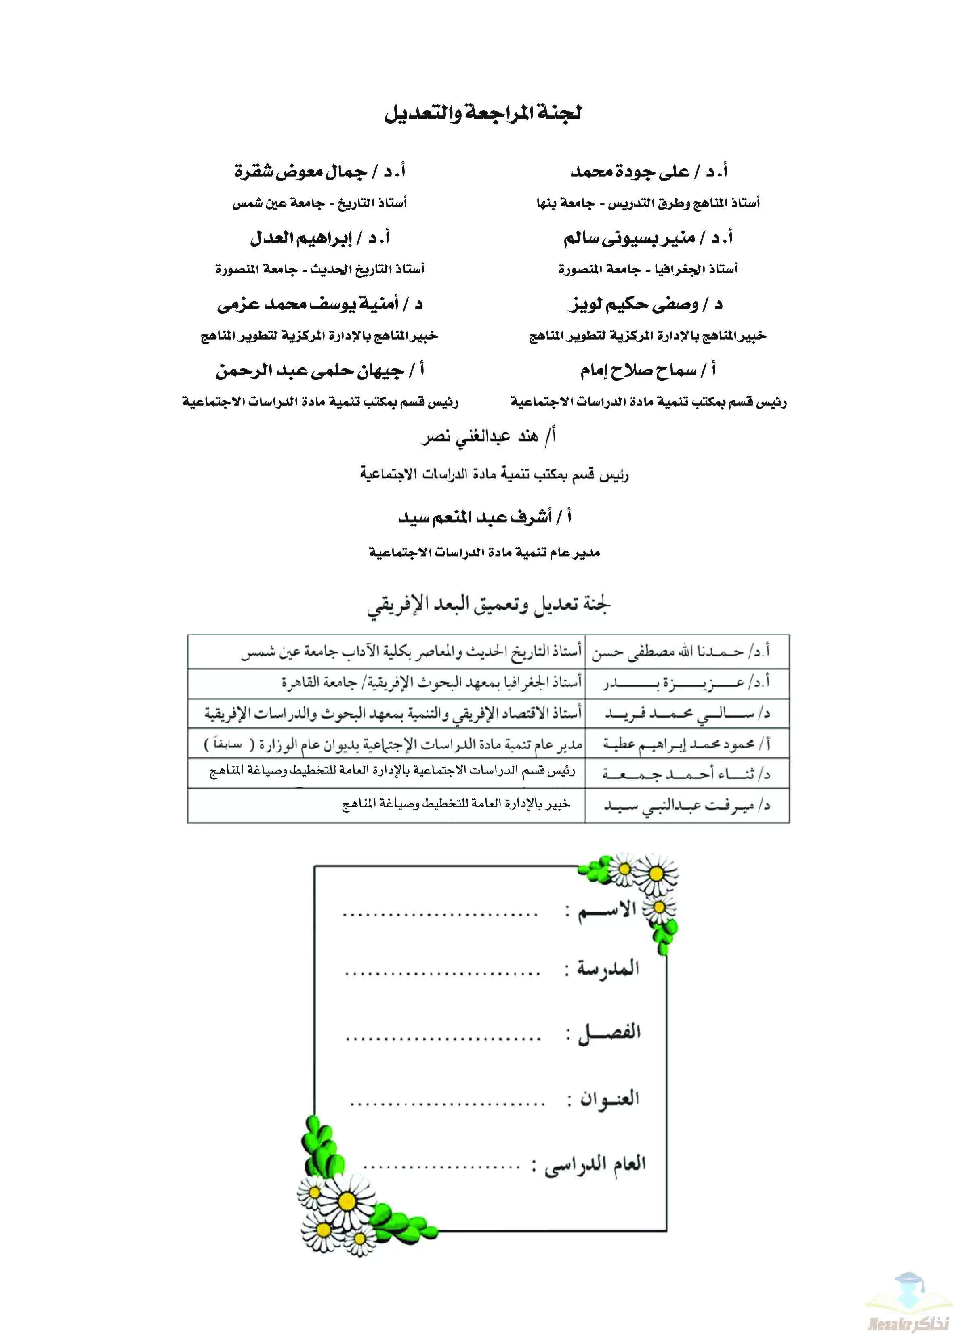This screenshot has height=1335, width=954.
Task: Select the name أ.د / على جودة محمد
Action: coord(649,172)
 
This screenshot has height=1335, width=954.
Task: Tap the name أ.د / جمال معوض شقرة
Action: coord(320,172)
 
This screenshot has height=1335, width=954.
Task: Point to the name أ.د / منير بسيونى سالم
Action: coord(648,238)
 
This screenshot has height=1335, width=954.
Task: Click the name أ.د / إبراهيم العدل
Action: coord(320,238)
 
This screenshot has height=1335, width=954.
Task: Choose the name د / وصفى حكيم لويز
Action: coord(645,304)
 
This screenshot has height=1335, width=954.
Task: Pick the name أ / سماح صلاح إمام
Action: coord(648,371)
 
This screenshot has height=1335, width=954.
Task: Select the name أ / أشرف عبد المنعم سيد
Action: coord(485,517)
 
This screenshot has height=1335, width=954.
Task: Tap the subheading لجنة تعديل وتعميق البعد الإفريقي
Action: coord(489,605)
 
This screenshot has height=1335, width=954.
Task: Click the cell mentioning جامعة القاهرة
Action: coord(432,683)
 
